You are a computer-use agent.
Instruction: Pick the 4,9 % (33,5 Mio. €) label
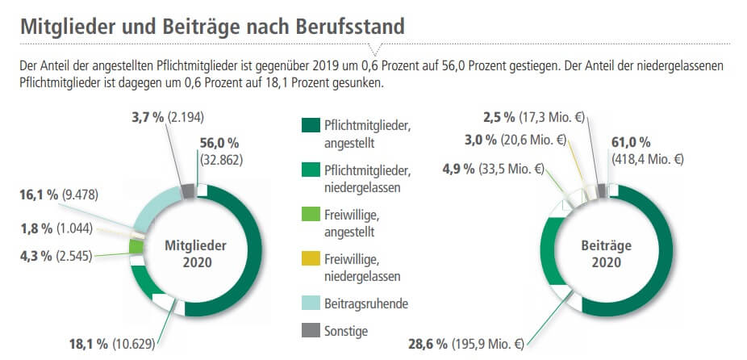(x=493, y=170)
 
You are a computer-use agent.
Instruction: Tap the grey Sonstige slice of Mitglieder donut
(x=188, y=191)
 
